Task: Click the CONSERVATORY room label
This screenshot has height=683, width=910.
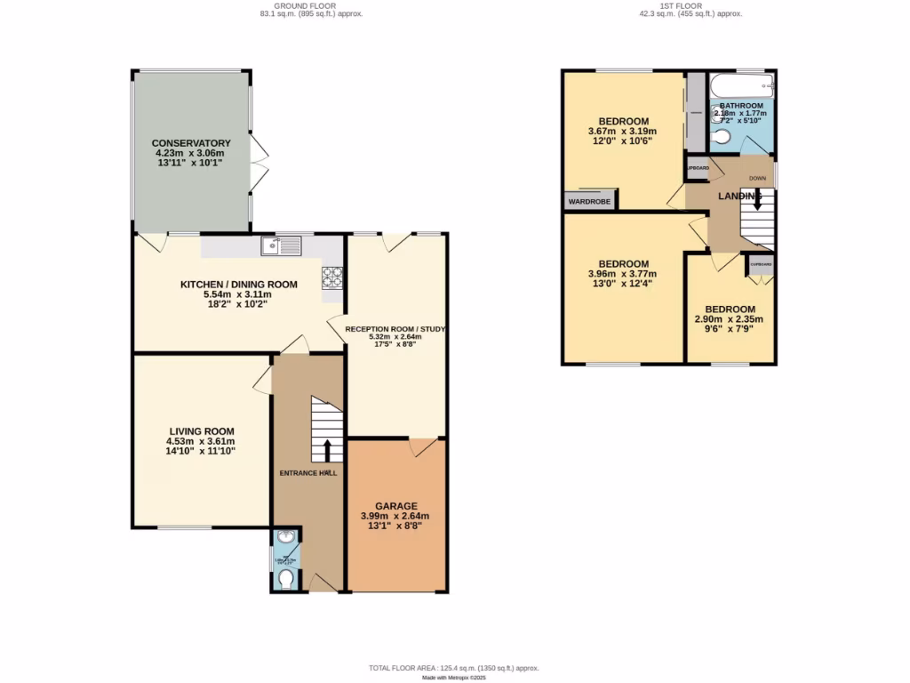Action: (x=191, y=143)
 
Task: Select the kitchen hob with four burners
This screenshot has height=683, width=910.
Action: (x=333, y=277)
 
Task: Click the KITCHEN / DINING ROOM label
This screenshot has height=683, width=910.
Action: (x=238, y=285)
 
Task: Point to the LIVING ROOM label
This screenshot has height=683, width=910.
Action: (x=201, y=430)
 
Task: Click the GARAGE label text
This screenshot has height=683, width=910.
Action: (x=395, y=505)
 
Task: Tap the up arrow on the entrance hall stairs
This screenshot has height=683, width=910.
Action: (x=327, y=450)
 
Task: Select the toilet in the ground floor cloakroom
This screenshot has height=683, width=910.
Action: (x=286, y=579)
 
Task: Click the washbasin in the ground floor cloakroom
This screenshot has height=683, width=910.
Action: (x=286, y=539)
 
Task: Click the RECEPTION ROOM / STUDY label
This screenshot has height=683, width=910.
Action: (x=395, y=328)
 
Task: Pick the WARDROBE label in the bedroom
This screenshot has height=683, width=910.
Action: (x=588, y=201)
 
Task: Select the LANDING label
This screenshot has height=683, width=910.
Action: (x=739, y=196)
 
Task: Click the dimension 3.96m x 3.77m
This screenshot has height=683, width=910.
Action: (x=623, y=274)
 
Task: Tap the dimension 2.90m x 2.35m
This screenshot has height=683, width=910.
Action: (x=729, y=319)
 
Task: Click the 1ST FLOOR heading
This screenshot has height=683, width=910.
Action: (x=690, y=5)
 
